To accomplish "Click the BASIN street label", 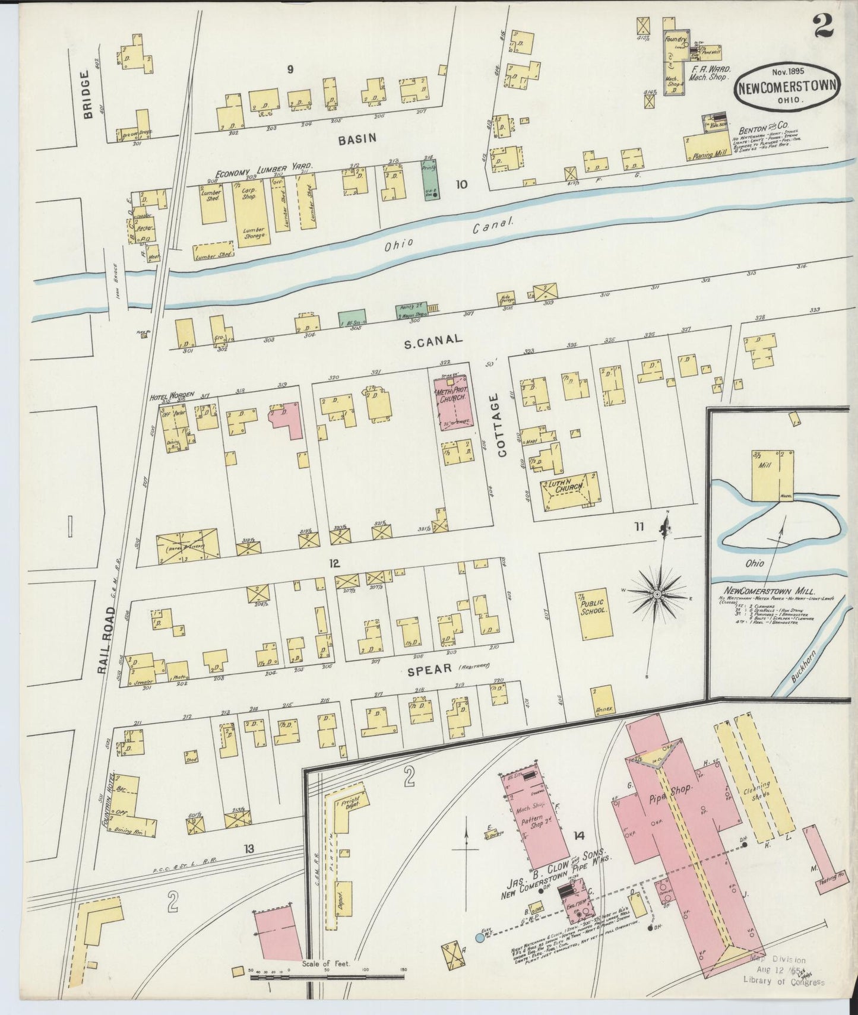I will point(357,139).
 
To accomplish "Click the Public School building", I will point(593,615).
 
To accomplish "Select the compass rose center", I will point(657,594).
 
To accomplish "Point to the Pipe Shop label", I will point(673,789).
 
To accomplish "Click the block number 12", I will point(335,563).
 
